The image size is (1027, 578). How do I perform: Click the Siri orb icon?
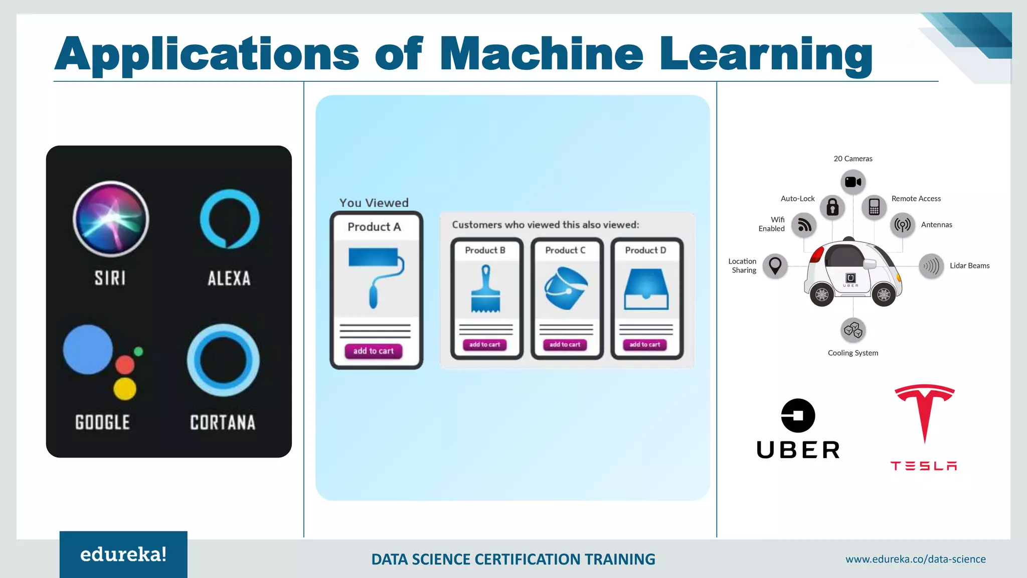click(x=111, y=219)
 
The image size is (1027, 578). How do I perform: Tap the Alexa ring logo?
click(x=230, y=219)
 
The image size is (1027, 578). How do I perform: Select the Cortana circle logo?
click(x=223, y=360)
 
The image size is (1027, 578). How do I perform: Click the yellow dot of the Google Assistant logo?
click(x=125, y=389)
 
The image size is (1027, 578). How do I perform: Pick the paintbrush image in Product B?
click(x=485, y=290)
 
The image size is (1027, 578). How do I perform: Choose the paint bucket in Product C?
click(x=566, y=288)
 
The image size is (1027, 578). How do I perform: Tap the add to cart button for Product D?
click(x=645, y=345)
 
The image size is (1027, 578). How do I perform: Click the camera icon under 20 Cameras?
click(x=853, y=182)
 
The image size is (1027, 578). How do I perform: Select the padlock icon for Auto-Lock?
click(x=832, y=207)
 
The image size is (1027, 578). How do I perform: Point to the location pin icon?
click(x=775, y=265)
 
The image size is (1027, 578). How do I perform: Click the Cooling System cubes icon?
click(x=853, y=330)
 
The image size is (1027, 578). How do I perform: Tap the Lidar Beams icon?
click(x=931, y=265)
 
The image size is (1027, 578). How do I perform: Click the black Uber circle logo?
click(x=798, y=415)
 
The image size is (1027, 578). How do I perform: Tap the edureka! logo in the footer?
click(x=123, y=554)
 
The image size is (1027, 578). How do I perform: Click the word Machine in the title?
click(x=542, y=54)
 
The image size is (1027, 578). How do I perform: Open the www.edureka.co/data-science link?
click(x=915, y=559)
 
